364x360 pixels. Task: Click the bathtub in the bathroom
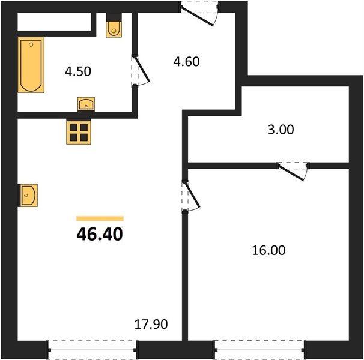31,65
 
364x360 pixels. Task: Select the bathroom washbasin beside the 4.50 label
86,104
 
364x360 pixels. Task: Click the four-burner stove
79,132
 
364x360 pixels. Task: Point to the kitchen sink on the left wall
28,196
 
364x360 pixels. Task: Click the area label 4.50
78,71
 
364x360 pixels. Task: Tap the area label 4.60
186,61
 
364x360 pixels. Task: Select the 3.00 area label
281,130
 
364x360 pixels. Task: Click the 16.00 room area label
268,250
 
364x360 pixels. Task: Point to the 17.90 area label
151,324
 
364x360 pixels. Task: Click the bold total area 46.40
100,234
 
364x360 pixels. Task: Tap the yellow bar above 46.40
100,218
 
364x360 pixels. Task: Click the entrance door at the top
199,13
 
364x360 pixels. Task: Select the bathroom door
141,71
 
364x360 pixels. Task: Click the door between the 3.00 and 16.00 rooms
293,171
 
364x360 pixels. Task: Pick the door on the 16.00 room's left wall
190,196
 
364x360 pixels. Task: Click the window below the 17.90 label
93,350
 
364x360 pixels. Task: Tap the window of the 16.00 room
259,350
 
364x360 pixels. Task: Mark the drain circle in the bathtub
31,45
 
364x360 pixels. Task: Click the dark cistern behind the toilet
114,17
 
